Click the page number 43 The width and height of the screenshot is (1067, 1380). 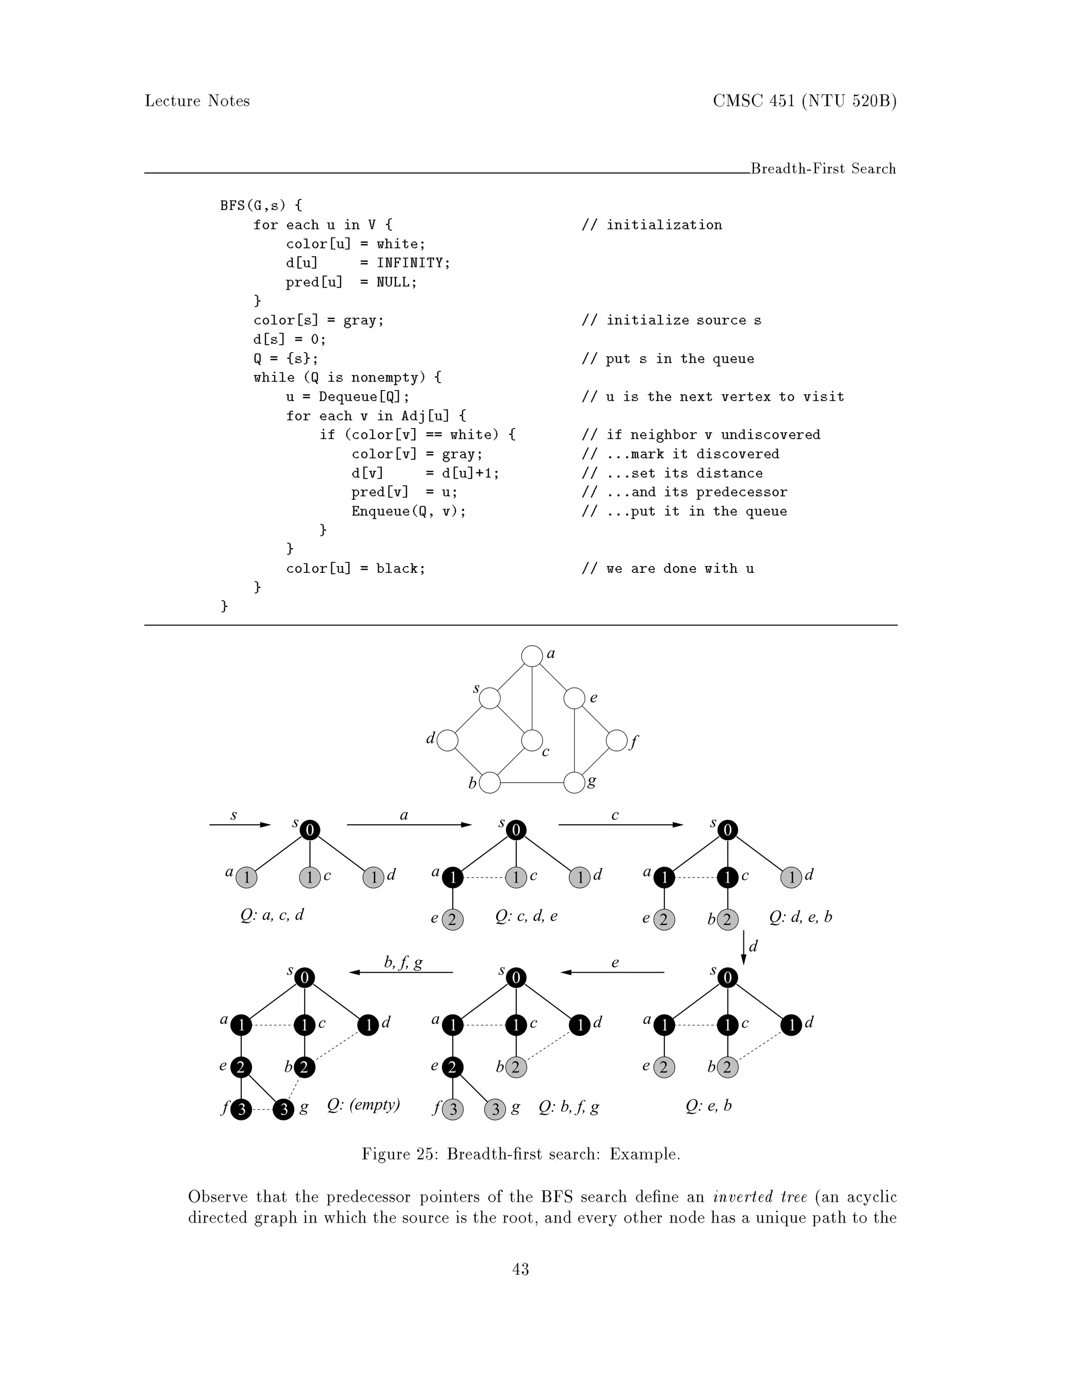coord(520,1269)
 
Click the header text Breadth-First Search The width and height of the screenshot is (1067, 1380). coord(823,169)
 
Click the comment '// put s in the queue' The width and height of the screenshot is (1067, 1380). coord(667,359)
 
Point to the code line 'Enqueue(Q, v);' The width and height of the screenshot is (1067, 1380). coord(408,511)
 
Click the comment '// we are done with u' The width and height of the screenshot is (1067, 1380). coord(667,569)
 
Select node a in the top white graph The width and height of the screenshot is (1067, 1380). coord(532,656)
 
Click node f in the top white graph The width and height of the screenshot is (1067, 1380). coord(616,741)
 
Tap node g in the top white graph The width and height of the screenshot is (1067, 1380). coord(574,783)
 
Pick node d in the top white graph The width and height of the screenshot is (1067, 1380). coord(448,741)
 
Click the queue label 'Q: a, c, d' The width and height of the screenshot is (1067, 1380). coord(272,915)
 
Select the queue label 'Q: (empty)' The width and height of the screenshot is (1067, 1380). coord(364,1105)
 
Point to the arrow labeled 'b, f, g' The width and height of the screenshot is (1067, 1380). coord(402,972)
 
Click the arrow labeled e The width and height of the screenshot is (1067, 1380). coord(613,972)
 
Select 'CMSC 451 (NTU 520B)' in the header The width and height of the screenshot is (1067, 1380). coord(804,101)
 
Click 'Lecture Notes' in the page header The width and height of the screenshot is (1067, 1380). coord(197,101)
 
